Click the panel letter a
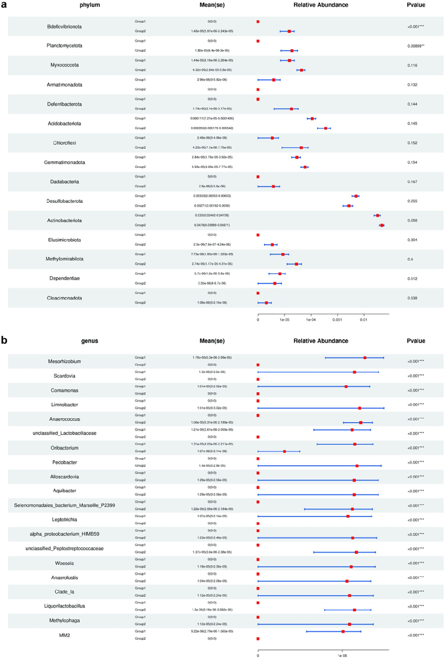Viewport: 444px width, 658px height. (4, 4)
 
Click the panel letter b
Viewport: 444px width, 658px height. (4, 340)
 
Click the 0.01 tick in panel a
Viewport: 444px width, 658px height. (363, 319)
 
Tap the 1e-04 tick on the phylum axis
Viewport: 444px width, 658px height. (310, 319)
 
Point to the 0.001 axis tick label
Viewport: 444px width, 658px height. (337, 319)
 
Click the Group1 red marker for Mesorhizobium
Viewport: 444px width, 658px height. (365, 357)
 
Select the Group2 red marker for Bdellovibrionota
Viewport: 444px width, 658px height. (289, 31)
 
